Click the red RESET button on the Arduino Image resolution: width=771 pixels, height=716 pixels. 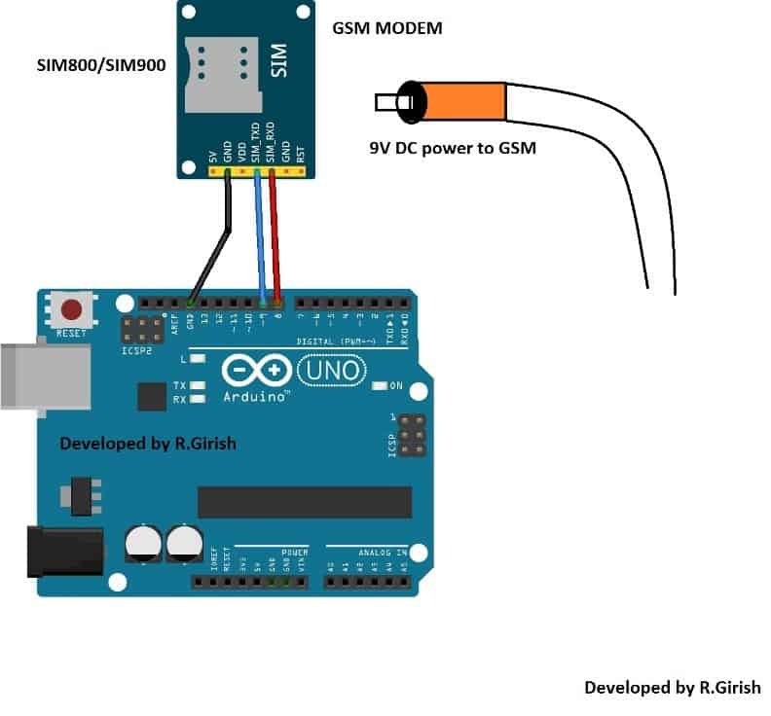[71, 311]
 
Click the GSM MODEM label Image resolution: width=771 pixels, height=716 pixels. [387, 28]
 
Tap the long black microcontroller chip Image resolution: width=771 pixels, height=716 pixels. [304, 501]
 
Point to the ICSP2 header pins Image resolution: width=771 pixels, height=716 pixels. [141, 328]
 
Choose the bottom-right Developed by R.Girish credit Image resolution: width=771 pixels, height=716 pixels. [672, 687]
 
